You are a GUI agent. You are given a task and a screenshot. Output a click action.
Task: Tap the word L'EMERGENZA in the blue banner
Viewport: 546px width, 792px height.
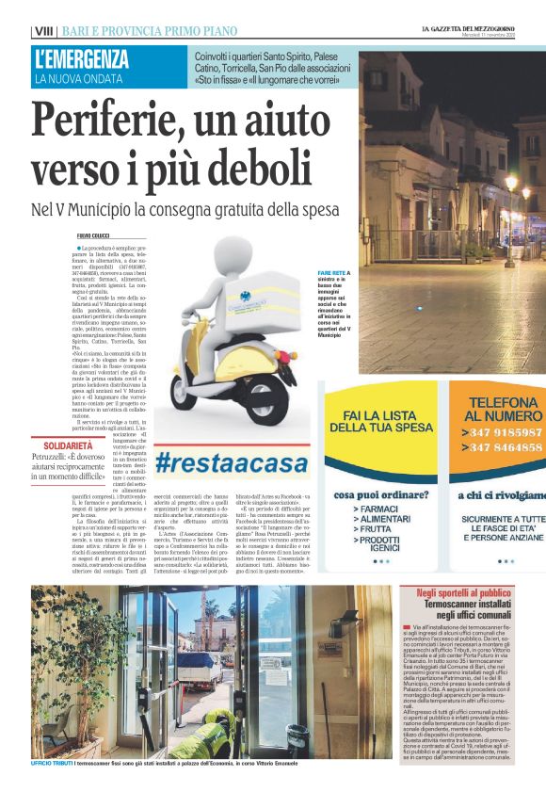tap(82, 59)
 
